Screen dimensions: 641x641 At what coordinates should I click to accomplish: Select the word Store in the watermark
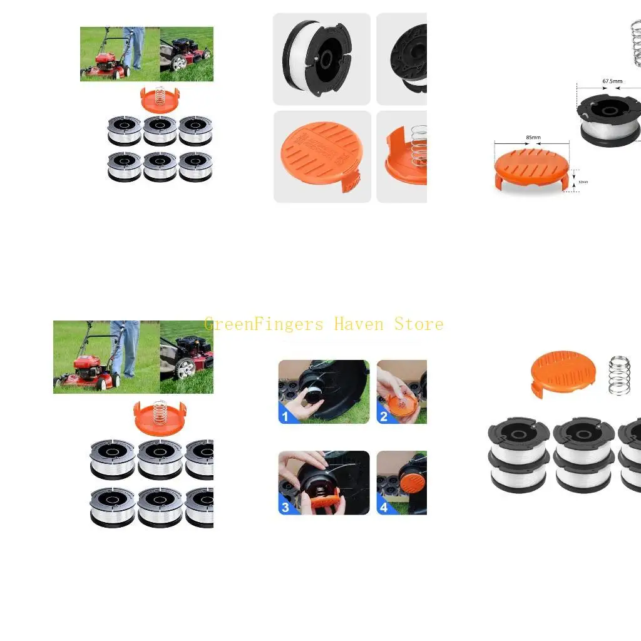point(419,324)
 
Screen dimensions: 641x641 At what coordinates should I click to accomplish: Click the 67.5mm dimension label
point(612,81)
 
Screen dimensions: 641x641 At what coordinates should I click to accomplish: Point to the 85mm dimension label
point(533,138)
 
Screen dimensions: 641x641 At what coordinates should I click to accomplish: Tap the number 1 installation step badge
point(285,416)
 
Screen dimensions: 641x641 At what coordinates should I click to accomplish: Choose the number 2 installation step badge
point(384,416)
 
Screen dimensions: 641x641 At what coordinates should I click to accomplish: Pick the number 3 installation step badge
point(285,507)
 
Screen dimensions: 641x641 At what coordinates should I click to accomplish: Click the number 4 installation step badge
point(384,507)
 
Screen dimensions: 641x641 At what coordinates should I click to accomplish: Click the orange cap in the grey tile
point(322,156)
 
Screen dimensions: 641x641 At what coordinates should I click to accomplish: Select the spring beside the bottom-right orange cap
point(619,375)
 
